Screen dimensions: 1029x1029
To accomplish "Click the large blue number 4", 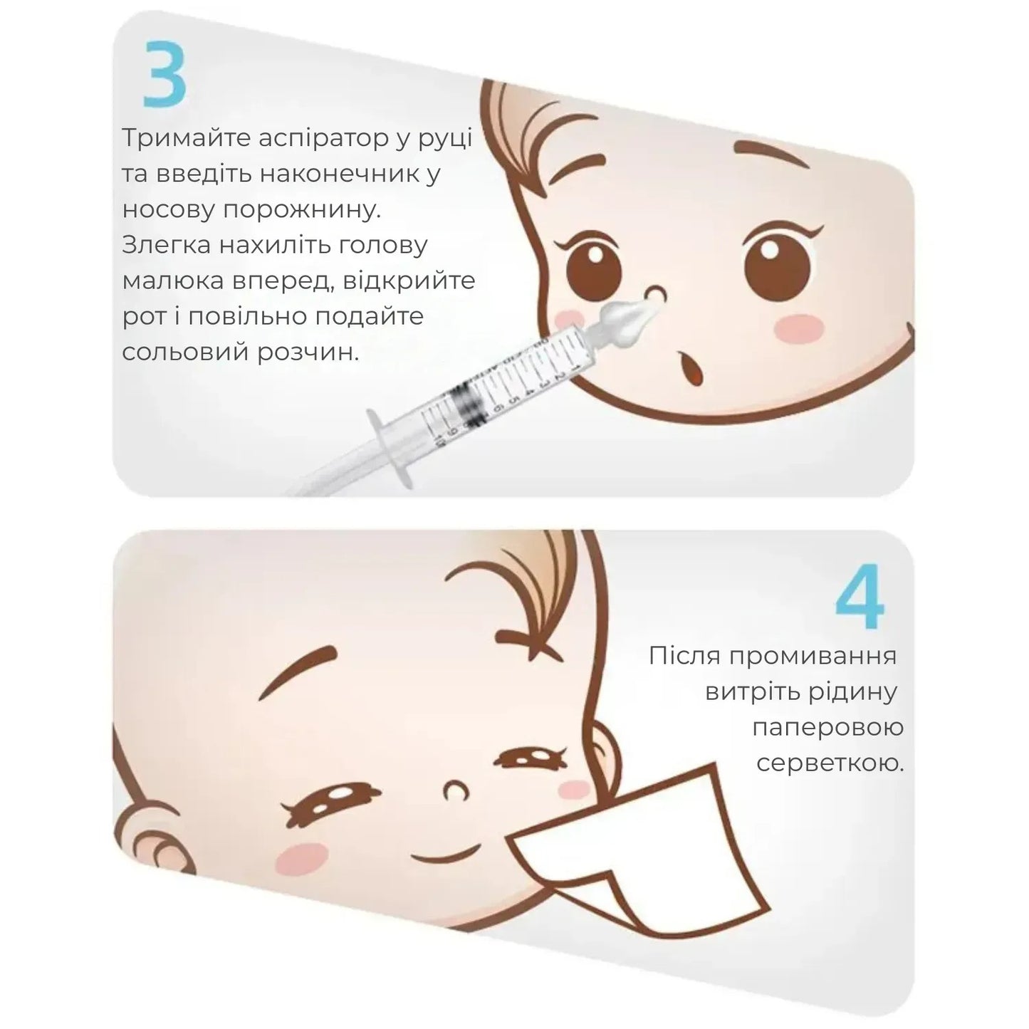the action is pos(860,596).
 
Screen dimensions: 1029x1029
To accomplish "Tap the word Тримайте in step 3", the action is pos(187,138).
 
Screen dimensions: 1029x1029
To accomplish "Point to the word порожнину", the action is pos(302,210).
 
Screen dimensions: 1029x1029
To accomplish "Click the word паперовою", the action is pos(828,728).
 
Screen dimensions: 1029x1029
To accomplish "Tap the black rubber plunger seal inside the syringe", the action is pos(468,407).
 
